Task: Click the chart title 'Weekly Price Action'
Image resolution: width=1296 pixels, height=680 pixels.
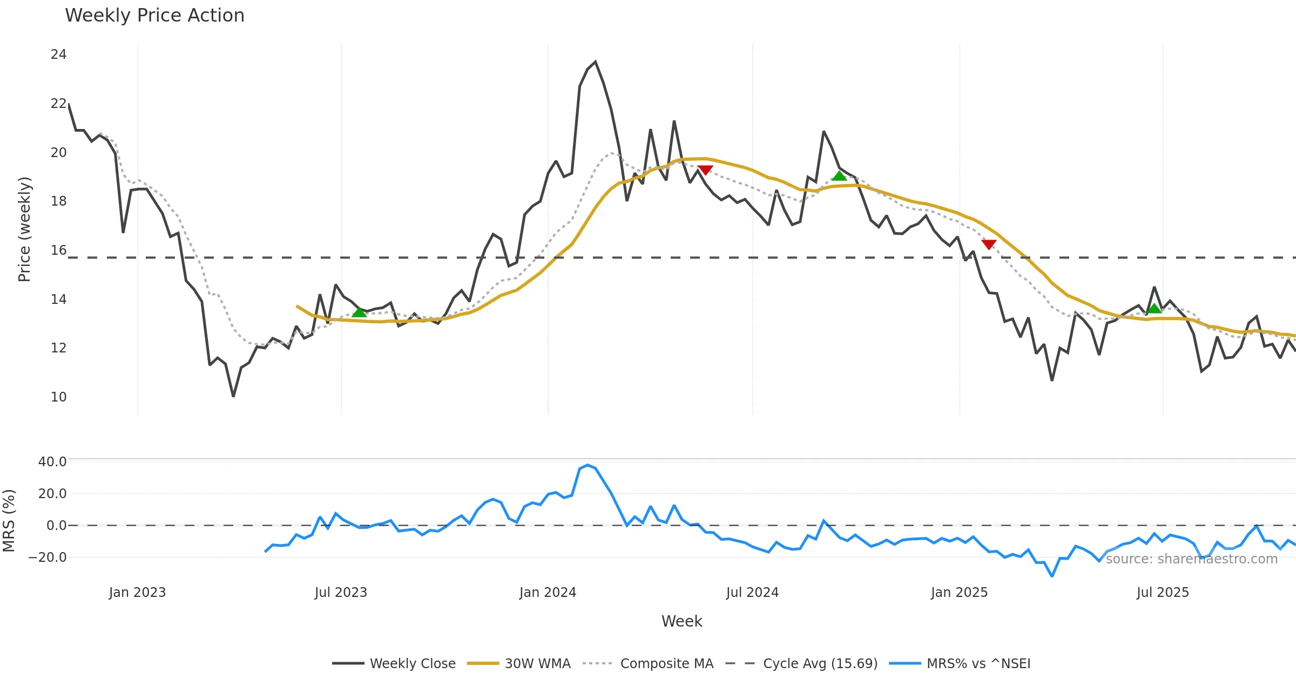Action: [x=154, y=16]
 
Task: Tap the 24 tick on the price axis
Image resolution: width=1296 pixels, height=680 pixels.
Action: [x=58, y=55]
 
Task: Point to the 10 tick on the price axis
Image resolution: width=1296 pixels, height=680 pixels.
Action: [x=58, y=397]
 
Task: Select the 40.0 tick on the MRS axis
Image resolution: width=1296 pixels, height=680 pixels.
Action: [x=52, y=462]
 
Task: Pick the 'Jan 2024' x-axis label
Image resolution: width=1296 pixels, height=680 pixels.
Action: [x=548, y=593]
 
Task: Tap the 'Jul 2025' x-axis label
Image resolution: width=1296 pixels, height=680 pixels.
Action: [x=1163, y=593]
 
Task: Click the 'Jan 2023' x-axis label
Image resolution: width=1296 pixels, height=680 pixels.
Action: [x=137, y=593]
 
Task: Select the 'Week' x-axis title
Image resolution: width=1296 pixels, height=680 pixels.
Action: [x=681, y=622]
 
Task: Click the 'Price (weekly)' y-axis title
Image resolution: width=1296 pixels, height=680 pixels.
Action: [x=25, y=229]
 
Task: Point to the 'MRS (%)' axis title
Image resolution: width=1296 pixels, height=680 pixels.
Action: [x=9, y=521]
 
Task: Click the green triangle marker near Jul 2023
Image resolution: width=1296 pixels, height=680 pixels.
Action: [x=359, y=312]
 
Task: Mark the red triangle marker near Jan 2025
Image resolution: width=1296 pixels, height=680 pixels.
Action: [x=989, y=244]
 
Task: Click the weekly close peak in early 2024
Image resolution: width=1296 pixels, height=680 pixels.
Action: [x=595, y=62]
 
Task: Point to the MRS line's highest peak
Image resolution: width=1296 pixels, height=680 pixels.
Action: [x=588, y=465]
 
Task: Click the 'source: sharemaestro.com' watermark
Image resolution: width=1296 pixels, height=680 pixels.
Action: [x=1191, y=559]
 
